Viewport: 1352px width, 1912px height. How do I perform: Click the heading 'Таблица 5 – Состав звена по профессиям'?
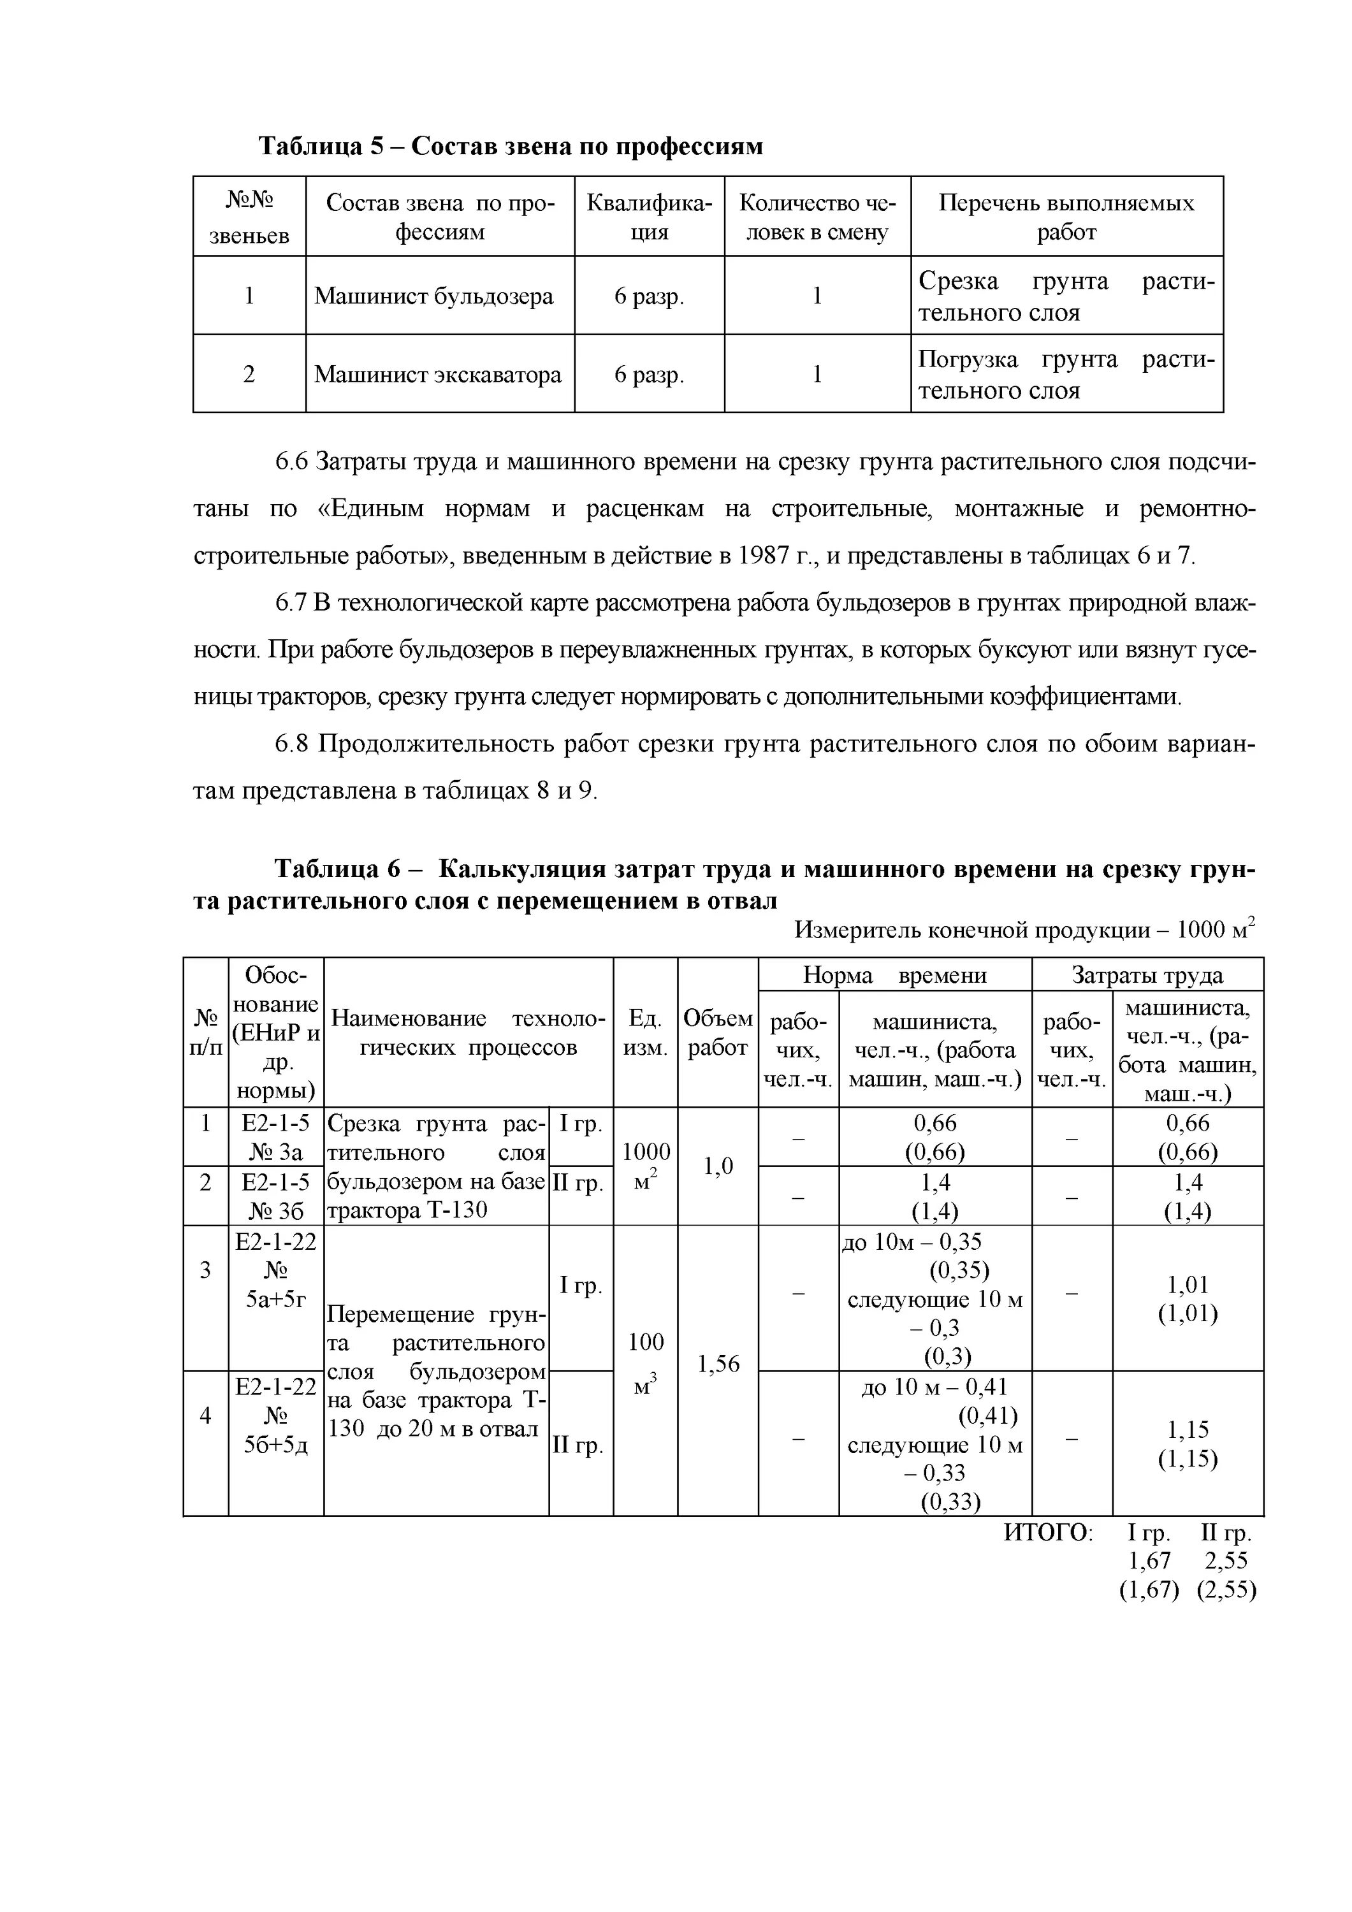tap(510, 147)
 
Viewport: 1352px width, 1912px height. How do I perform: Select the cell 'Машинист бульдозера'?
tap(433, 296)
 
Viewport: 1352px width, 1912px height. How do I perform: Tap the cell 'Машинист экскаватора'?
tap(438, 375)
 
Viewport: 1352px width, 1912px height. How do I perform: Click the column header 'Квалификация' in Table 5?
tap(649, 217)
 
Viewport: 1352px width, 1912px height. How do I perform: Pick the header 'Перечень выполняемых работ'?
tap(1066, 217)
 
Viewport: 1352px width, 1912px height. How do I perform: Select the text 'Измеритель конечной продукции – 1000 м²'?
tap(1024, 929)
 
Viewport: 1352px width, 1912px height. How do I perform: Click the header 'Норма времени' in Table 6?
tap(894, 975)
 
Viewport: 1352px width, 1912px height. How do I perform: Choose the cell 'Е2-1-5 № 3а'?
tap(276, 1138)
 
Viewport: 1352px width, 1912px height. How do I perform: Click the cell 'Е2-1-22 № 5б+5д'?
tap(276, 1416)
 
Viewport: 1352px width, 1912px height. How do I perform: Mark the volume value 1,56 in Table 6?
tap(717, 1363)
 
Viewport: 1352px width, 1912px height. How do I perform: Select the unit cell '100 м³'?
tap(646, 1363)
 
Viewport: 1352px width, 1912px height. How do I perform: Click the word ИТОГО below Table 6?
tap(1047, 1532)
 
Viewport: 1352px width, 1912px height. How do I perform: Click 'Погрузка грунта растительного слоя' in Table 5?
tap(1066, 375)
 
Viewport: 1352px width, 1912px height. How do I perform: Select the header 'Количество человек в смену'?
tap(817, 217)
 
